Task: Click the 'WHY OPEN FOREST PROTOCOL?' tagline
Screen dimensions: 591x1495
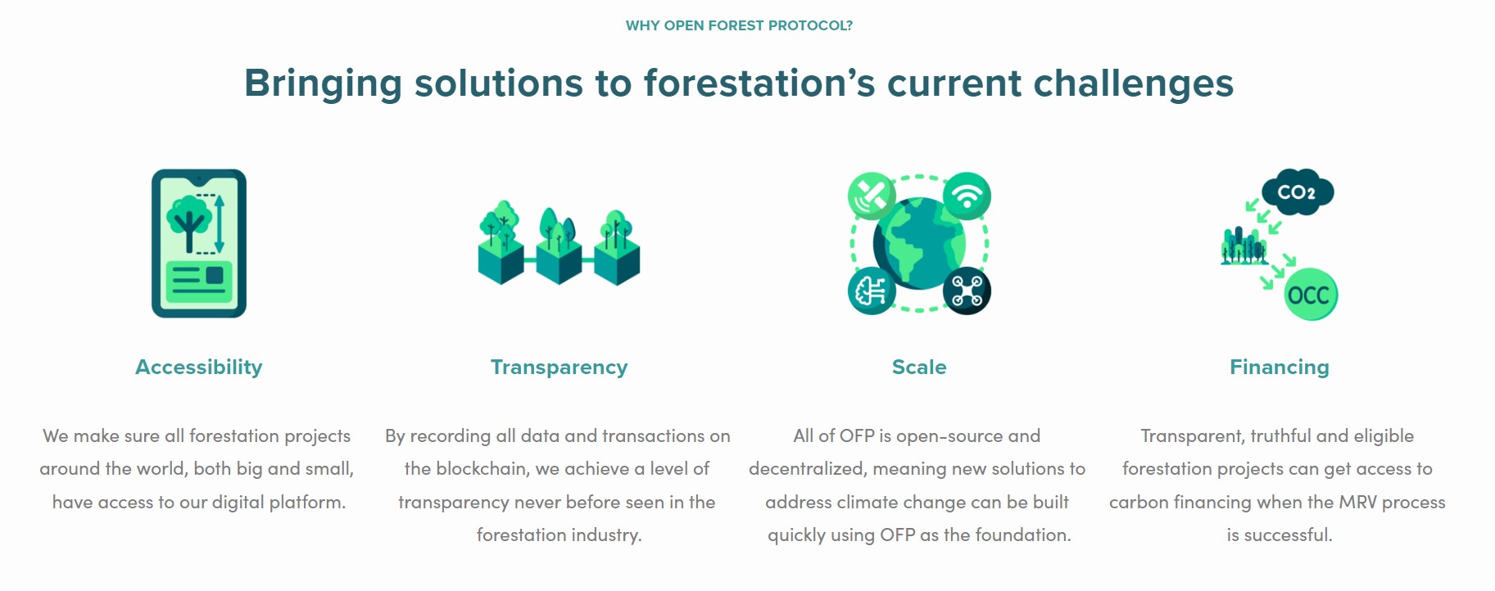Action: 739,25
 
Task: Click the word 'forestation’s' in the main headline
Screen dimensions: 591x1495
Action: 759,83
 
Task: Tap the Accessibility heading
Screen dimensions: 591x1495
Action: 198,367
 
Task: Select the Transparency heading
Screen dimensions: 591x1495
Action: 559,367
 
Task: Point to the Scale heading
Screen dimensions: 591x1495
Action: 918,367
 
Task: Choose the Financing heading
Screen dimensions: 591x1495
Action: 1279,367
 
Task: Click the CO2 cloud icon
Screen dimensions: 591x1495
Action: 1297,192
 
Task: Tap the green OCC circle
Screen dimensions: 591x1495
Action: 1310,295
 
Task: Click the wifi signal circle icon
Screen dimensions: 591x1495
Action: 967,196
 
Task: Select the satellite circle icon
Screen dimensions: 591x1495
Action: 871,196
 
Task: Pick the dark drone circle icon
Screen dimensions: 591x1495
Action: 967,291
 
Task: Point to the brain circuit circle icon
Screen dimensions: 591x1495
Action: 871,291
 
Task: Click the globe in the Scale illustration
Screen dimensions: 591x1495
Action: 918,244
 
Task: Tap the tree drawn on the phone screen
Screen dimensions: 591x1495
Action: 189,222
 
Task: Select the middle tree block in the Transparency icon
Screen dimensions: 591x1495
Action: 559,246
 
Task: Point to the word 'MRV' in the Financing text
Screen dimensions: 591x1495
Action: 1357,502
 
